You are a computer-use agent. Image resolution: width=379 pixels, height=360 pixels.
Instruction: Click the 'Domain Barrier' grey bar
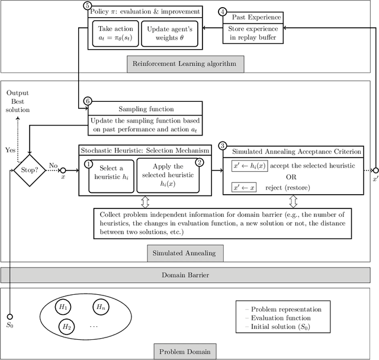click(189, 275)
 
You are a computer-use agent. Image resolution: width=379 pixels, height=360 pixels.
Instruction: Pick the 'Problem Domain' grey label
click(184, 352)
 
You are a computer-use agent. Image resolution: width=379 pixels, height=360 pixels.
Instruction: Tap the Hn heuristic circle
click(101, 307)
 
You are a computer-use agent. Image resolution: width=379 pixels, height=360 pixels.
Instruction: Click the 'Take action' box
click(115, 34)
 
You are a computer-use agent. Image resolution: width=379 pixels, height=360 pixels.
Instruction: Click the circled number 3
click(222, 146)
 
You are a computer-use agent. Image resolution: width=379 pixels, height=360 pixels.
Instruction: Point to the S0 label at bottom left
click(10, 324)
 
